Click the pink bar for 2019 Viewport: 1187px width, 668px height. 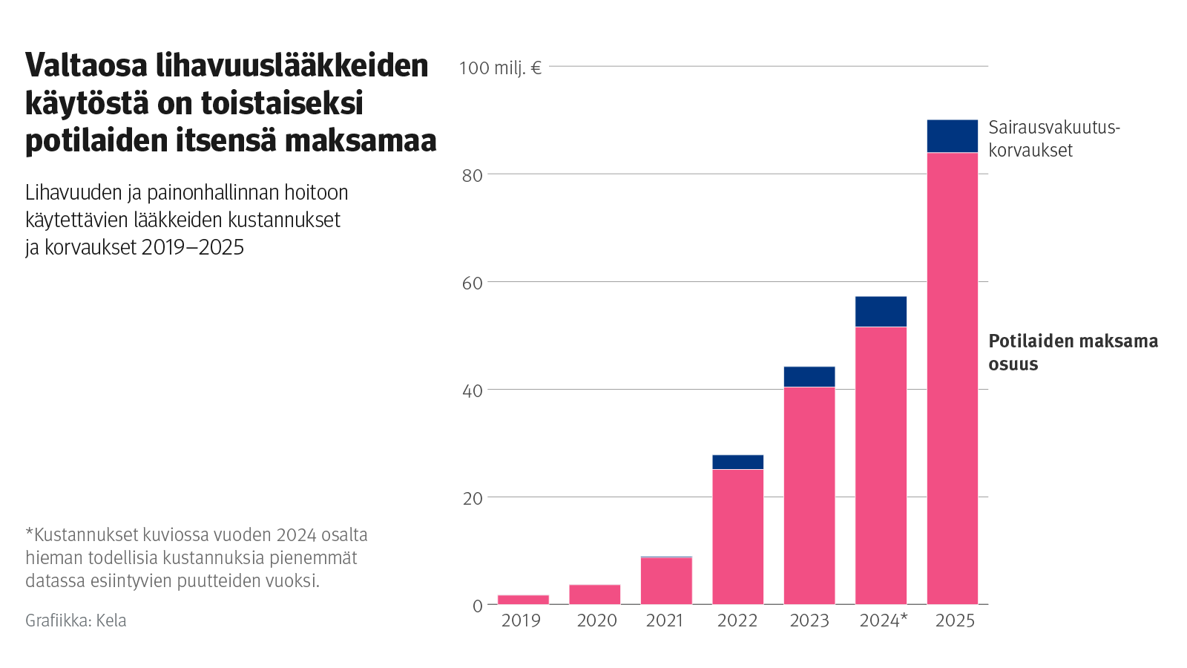click(523, 600)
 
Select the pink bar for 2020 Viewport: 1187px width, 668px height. click(594, 595)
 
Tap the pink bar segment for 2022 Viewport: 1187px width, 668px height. click(737, 537)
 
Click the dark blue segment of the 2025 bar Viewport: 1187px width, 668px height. click(952, 137)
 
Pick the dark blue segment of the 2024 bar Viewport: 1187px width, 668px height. click(881, 312)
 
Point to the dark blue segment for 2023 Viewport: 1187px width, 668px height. click(809, 377)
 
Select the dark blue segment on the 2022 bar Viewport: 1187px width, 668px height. click(737, 462)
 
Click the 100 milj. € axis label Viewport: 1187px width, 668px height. click(500, 68)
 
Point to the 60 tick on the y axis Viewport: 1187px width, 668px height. click(472, 283)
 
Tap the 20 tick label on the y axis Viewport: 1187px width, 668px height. click(472, 498)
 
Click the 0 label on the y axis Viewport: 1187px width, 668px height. click(477, 606)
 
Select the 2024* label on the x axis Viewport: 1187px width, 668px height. click(883, 620)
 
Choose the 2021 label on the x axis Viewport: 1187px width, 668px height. click(664, 620)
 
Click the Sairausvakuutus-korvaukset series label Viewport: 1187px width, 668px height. click(1053, 139)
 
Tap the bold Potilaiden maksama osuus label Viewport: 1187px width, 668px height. click(1072, 352)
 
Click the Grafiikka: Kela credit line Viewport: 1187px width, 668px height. click(76, 620)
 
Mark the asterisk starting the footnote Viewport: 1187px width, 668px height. click(29, 533)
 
